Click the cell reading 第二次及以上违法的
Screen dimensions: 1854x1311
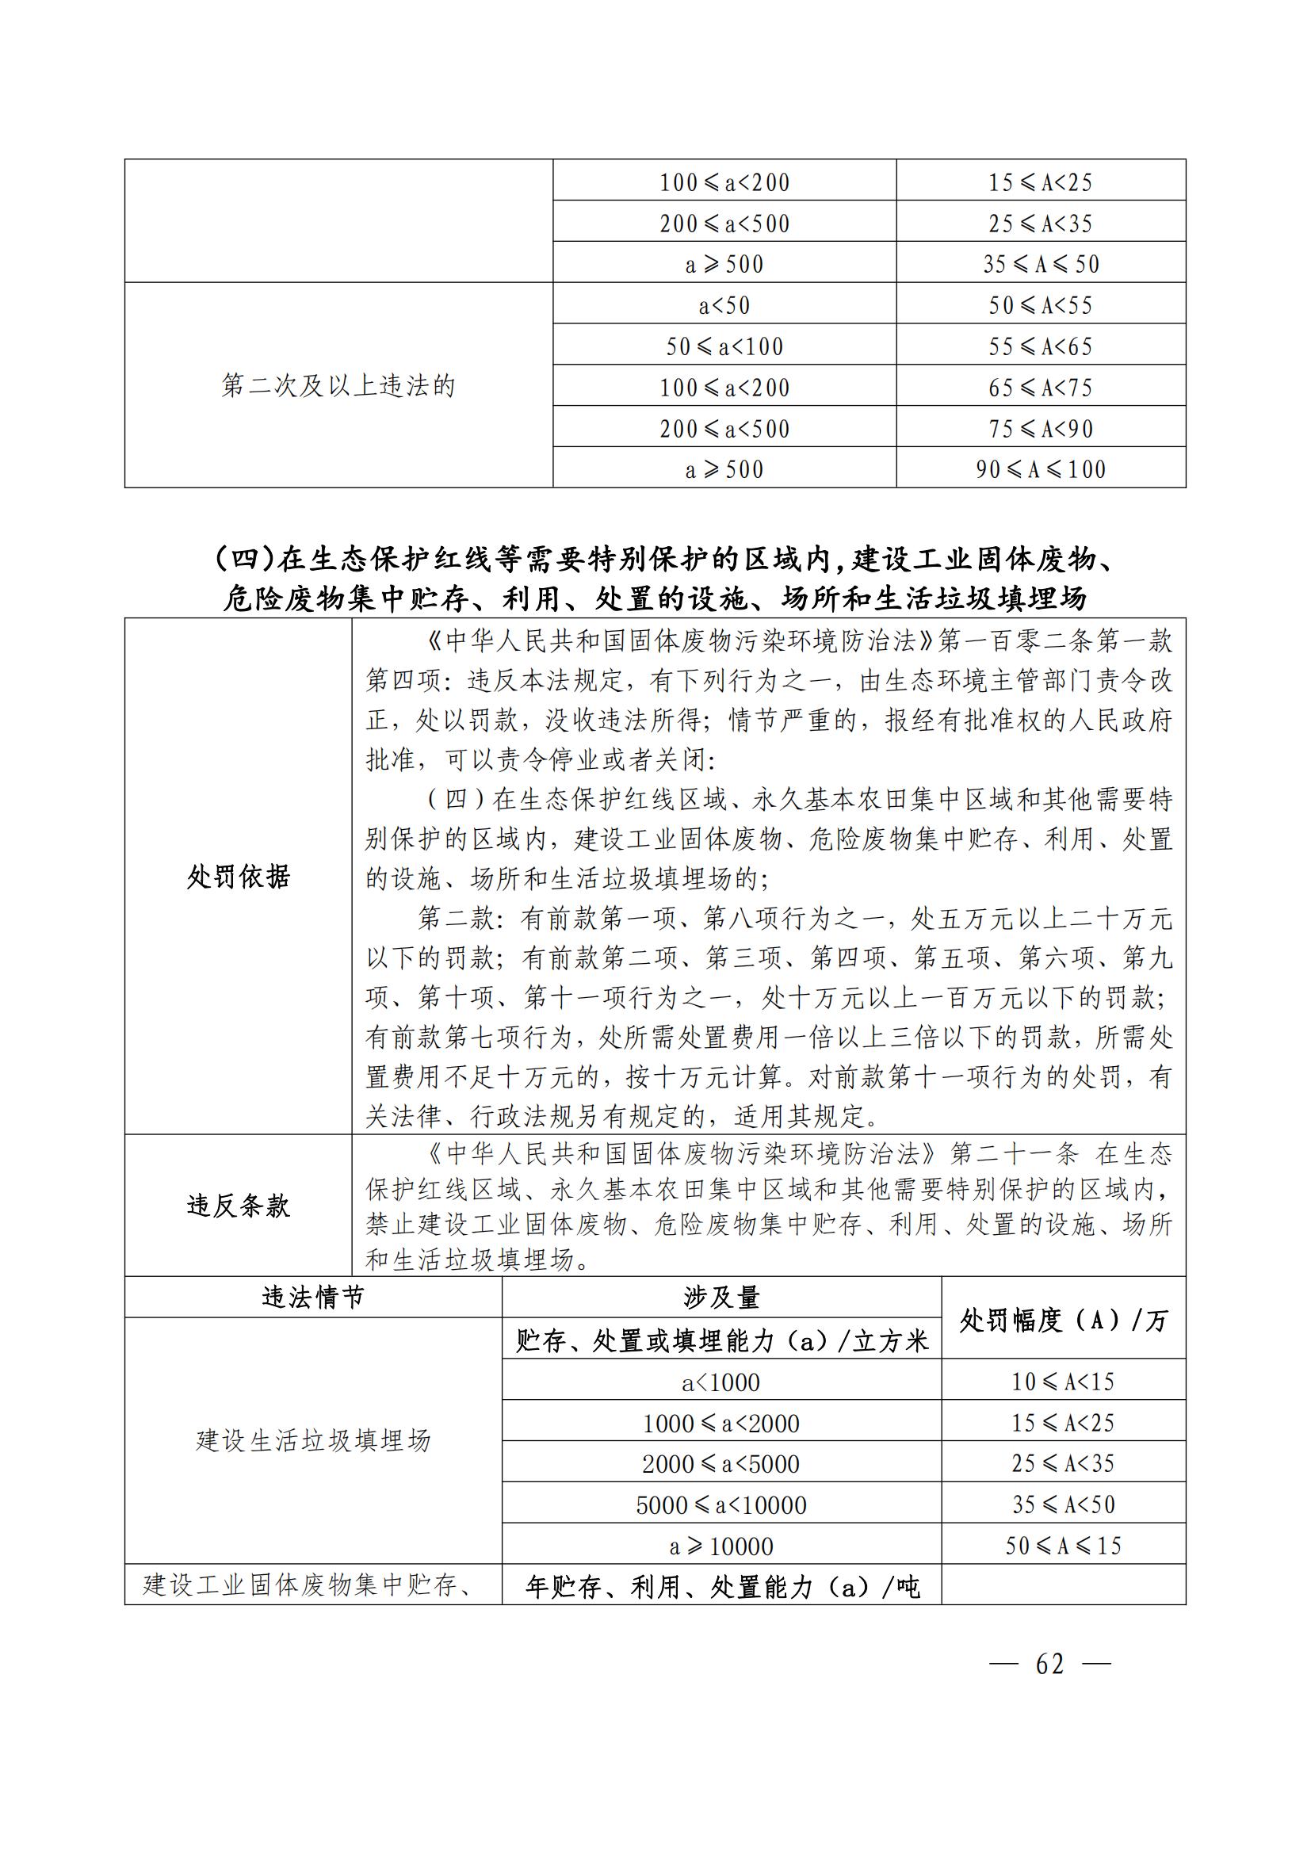(338, 386)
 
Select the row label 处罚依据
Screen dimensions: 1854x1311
(238, 876)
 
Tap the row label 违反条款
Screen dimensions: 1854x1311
(238, 1206)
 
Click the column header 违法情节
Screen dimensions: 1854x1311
(313, 1298)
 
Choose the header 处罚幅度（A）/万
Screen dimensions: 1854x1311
(1063, 1321)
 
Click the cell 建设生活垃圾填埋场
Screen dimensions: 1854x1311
(313, 1440)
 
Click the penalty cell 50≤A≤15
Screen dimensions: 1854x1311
(1063, 1546)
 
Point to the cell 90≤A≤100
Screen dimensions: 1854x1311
(1041, 468)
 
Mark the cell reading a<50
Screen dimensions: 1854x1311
(724, 305)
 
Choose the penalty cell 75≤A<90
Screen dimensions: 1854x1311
(1041, 428)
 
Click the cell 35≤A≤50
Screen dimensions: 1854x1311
(1041, 263)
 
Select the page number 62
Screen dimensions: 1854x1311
(1049, 1665)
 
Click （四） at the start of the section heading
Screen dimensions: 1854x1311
(247, 559)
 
